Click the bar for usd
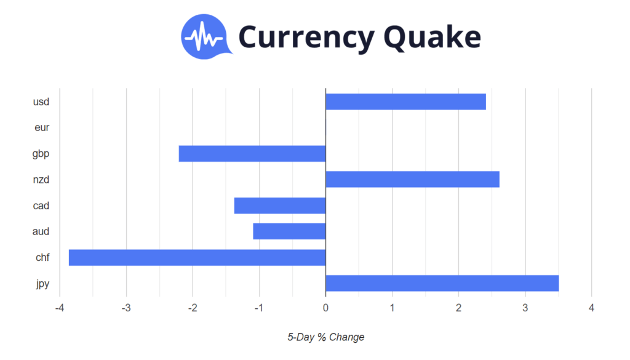[406, 102]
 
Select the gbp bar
[252, 153]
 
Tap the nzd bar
[413, 179]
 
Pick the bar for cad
[280, 206]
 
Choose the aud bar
[289, 231]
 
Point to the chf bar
[197, 258]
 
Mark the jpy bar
[442, 283]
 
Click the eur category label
[42, 128]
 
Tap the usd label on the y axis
[41, 102]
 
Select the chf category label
[42, 258]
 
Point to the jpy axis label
[42, 284]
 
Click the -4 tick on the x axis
[60, 308]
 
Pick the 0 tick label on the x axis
[325, 308]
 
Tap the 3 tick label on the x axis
[525, 308]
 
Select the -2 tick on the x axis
[193, 308]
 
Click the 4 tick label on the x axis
[591, 308]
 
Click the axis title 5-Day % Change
[326, 337]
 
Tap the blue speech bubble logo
[205, 37]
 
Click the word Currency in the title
[306, 38]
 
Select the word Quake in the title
[433, 37]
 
